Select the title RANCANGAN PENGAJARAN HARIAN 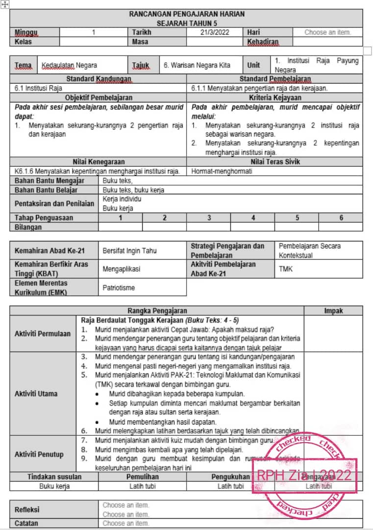tap(187, 14)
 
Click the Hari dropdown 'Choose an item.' tap(327, 32)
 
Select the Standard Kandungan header tap(99, 79)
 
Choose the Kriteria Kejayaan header tap(275, 98)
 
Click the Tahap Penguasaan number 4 tap(253, 218)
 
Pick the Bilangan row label tap(28, 227)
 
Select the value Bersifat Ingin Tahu tap(130, 250)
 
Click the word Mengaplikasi tap(121, 269)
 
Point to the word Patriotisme tap(119, 288)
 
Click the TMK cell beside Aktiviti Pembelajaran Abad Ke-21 tap(286, 269)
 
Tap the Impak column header tap(333, 311)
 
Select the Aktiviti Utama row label tap(36, 394)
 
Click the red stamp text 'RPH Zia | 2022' tap(304, 475)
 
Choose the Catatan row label tap(26, 524)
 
